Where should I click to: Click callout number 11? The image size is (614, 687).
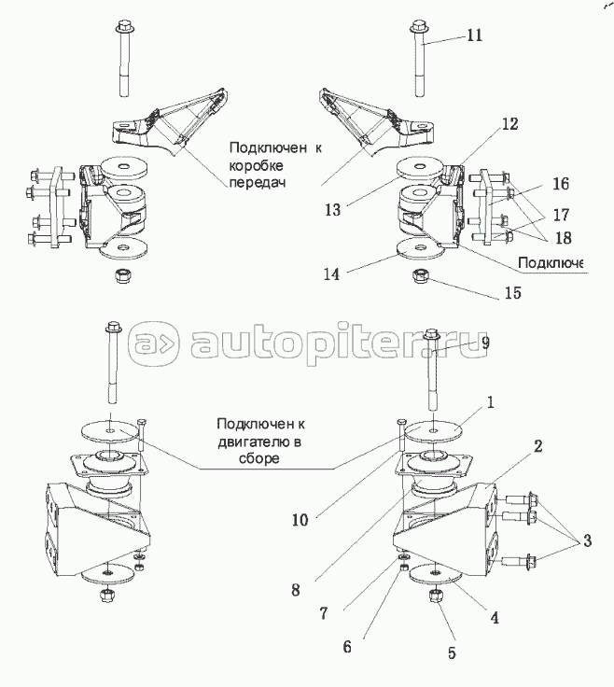click(474, 36)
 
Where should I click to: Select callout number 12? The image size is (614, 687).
click(508, 123)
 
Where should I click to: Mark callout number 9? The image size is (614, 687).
click(484, 343)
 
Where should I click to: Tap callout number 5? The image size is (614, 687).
click(452, 652)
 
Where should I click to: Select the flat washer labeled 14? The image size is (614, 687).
click(415, 249)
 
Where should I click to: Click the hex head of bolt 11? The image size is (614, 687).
click(417, 25)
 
